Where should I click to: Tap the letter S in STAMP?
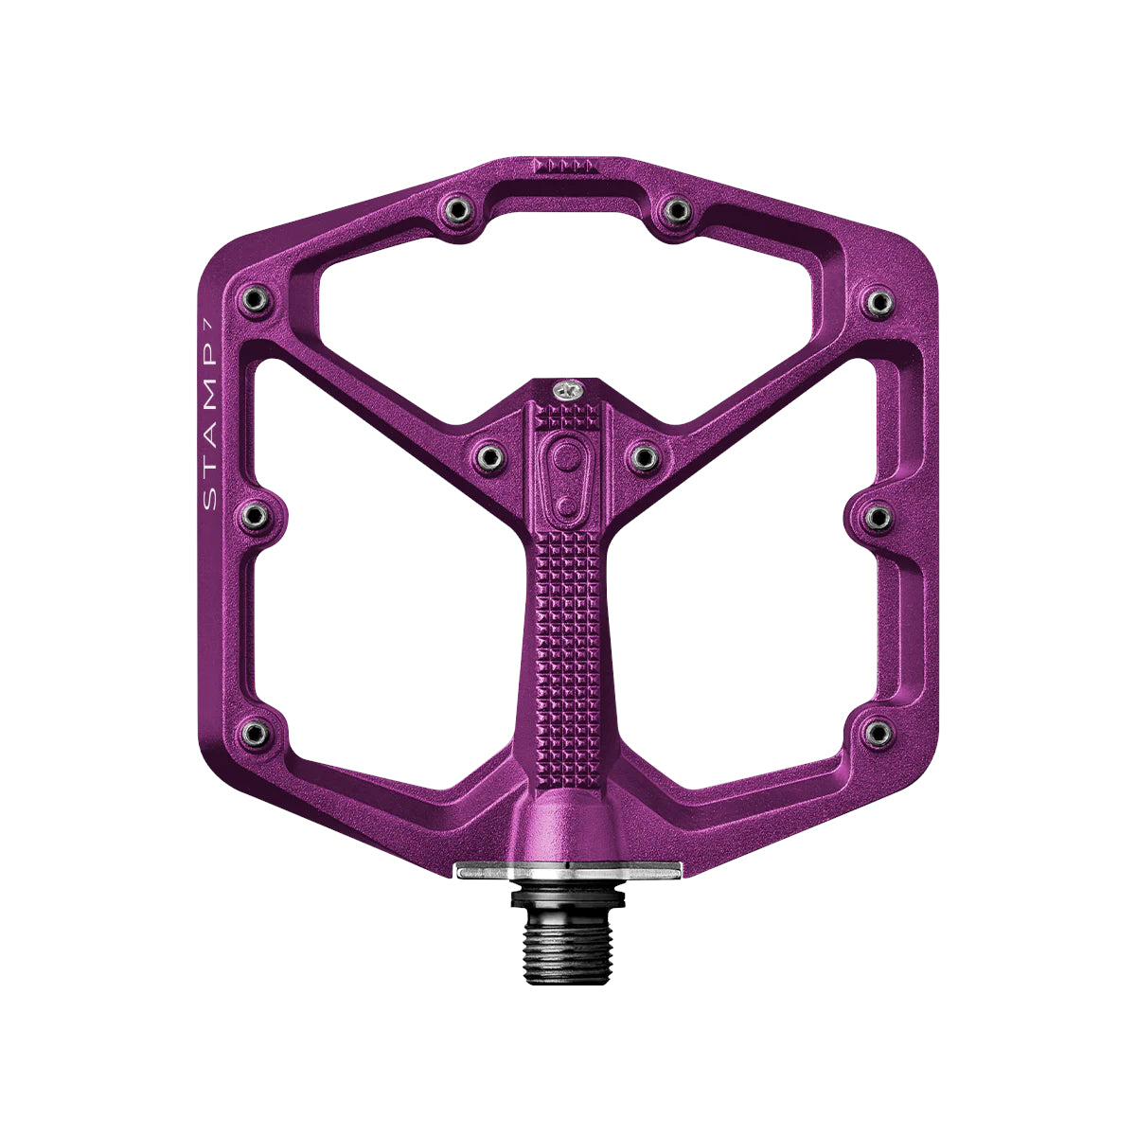[x=210, y=500]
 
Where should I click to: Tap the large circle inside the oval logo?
[x=567, y=457]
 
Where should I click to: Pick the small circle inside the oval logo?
[x=566, y=506]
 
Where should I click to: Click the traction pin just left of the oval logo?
[x=489, y=456]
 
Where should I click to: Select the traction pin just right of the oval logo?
[x=645, y=456]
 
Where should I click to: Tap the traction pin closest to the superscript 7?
[x=256, y=301]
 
